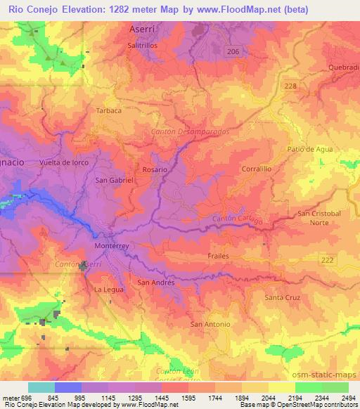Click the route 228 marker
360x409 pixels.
click(290, 85)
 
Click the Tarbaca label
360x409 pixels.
click(109, 110)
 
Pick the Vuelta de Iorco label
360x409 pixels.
click(64, 162)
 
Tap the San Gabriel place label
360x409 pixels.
click(114, 180)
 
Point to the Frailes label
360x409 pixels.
click(219, 256)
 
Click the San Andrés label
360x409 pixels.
click(155, 283)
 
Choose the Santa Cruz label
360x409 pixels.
click(283, 298)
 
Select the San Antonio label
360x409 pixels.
click(210, 324)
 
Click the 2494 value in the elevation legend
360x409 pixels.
click(347, 398)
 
